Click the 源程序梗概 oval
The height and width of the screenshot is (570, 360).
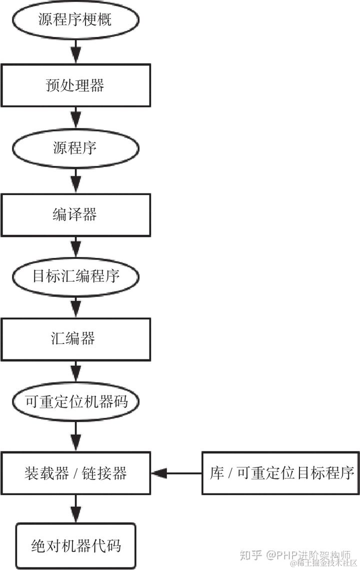click(75, 20)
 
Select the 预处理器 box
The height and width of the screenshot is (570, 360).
click(75, 85)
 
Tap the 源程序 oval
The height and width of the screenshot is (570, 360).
click(75, 148)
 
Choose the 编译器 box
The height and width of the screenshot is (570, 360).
click(75, 214)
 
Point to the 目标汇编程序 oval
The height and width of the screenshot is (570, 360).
click(75, 276)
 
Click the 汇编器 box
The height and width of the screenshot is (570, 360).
click(75, 339)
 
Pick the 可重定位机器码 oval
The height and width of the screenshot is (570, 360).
click(75, 401)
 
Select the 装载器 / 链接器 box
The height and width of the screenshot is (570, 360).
click(75, 473)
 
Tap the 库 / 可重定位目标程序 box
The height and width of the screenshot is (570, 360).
click(282, 473)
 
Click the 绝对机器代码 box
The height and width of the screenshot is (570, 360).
click(75, 545)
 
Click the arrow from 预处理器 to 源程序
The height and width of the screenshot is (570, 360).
click(75, 118)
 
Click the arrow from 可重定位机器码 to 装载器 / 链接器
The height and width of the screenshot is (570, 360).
click(75, 434)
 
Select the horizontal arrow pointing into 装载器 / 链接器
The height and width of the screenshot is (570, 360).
click(176, 473)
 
